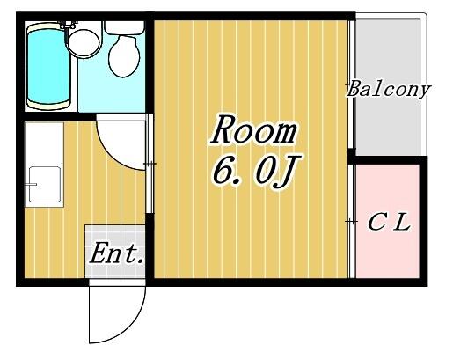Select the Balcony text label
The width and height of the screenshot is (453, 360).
pyautogui.click(x=389, y=89)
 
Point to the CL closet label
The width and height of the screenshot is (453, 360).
pyautogui.click(x=389, y=222)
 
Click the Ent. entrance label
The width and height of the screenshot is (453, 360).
pyautogui.click(x=116, y=253)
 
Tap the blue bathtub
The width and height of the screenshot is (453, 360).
pyautogui.click(x=48, y=66)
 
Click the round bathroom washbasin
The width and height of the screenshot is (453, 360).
pyautogui.click(x=84, y=43)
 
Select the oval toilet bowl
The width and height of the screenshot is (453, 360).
pyautogui.click(x=124, y=56)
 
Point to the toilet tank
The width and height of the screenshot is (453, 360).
pyautogui.click(x=124, y=27)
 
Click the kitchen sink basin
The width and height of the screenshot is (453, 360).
pyautogui.click(x=45, y=185)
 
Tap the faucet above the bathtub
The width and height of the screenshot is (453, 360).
pyautogui.click(x=68, y=25)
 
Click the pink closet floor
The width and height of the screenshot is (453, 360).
pyautogui.click(x=388, y=221)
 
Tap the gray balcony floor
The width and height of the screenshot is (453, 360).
pyautogui.click(x=388, y=87)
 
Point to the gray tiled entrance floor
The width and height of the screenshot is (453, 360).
pyautogui.click(x=115, y=252)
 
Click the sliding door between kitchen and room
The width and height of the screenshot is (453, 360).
pyautogui.click(x=150, y=164)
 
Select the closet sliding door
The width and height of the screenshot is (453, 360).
pyautogui.click(x=352, y=221)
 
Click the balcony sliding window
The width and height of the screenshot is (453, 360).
pyautogui.click(x=352, y=84)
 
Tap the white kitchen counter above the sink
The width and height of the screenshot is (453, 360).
pyautogui.click(x=44, y=143)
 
